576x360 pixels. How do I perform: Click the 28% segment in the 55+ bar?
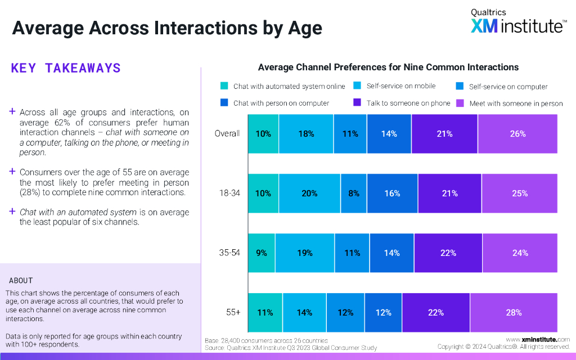tap(514, 313)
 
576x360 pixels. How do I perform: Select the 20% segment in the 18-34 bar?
tap(309, 193)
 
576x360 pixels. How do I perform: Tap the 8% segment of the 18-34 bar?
tap(353, 193)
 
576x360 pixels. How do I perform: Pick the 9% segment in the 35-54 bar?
tap(262, 253)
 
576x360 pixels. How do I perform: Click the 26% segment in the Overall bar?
tap(517, 134)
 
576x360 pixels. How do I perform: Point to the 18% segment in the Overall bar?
tap(306, 134)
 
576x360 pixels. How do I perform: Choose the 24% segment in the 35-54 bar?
tap(520, 253)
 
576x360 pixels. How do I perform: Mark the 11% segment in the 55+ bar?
tap(265, 313)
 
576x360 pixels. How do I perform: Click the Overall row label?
tap(227, 134)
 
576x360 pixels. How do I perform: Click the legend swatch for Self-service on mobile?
tap(357, 86)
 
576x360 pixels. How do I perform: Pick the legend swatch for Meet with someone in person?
tap(459, 103)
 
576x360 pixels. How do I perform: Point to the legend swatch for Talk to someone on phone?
tap(357, 103)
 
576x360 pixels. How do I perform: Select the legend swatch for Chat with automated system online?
tap(224, 86)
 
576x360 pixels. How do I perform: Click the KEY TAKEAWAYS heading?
tap(66, 68)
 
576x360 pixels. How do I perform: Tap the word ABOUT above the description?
tap(21, 281)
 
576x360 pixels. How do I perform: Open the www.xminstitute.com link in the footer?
tap(538, 339)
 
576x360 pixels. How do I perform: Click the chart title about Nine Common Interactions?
tap(388, 67)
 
